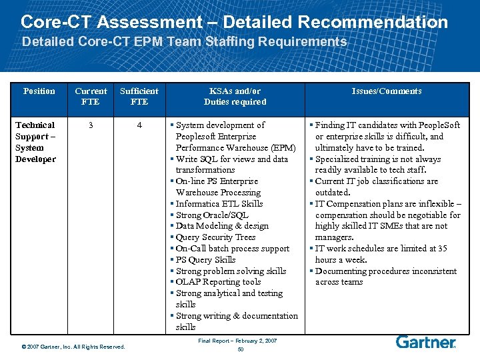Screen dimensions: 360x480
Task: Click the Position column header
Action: [39, 91]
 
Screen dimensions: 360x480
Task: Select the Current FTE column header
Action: [91, 96]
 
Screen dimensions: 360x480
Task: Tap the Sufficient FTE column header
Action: [139, 96]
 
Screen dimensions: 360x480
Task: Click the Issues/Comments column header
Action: [387, 91]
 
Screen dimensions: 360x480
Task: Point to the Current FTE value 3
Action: [91, 125]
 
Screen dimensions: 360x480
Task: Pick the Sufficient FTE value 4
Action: [139, 125]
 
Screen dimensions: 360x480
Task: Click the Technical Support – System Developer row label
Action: [35, 142]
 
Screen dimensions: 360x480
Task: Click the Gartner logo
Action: [426, 342]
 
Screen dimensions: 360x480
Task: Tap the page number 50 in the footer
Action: [240, 349]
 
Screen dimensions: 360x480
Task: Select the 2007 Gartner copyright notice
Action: [73, 347]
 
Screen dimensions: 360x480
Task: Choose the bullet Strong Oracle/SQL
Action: [211, 215]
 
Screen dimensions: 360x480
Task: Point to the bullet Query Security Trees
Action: [215, 237]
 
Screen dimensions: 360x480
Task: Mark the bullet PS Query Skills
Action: [205, 259]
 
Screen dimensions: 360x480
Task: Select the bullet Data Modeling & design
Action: [222, 226]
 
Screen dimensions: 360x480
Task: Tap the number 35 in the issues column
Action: [441, 249]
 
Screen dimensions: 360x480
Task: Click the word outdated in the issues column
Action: [333, 193]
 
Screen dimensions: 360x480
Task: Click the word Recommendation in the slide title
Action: [373, 21]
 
